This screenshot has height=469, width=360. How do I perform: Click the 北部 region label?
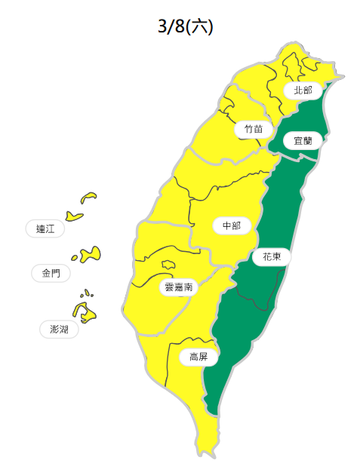pos(302,90)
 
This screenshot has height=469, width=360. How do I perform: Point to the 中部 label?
pos(231,226)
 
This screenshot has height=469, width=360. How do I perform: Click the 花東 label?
pos(272,257)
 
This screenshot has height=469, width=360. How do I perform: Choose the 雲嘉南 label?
pos(178,287)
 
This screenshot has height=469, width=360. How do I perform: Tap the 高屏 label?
pos(198,357)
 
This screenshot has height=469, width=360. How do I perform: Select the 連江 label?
pos(45,228)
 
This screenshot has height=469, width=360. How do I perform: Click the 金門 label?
pos(51,273)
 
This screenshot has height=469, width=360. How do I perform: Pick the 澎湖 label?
pos(59,330)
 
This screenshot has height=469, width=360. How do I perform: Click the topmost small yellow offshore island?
pos(89,198)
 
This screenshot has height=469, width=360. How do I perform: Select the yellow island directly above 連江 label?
pos(73,216)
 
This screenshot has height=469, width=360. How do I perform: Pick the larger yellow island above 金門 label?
pos(92,254)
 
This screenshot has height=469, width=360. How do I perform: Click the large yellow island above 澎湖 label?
pos(82,311)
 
